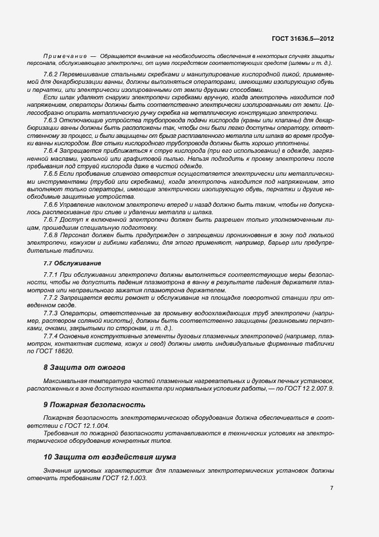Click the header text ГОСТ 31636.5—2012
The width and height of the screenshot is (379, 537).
pos(303,38)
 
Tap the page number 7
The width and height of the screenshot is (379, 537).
pos(331,488)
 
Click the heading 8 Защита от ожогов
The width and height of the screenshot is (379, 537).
pos(84,366)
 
